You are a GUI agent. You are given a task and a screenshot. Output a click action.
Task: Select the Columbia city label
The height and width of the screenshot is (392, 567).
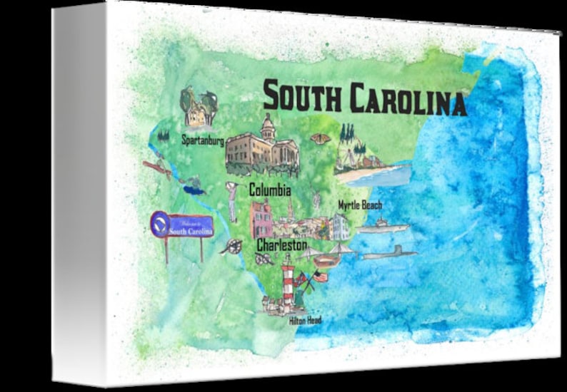[269, 191]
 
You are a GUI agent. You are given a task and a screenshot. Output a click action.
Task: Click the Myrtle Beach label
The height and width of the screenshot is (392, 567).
[360, 205]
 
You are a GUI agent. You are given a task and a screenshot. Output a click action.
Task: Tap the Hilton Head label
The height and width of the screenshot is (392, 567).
[305, 321]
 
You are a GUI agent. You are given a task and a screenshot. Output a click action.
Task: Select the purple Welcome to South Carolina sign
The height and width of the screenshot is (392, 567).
[182, 227]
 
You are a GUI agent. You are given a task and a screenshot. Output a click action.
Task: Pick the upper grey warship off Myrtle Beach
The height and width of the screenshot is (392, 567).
[383, 227]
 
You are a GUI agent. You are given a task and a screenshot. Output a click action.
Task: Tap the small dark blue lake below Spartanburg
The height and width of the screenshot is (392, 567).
[194, 190]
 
